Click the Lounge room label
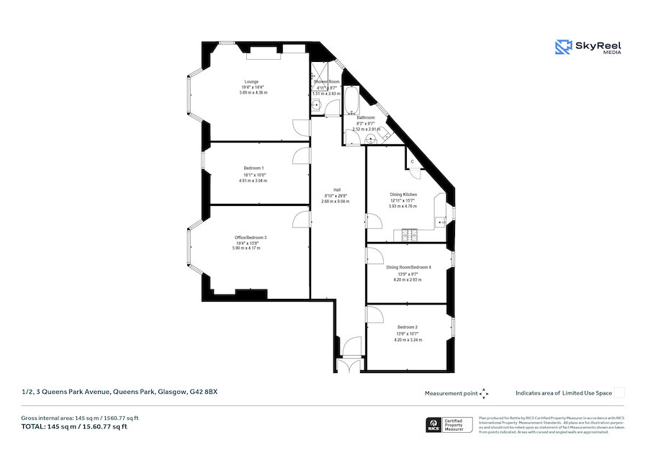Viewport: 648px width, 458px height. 251,81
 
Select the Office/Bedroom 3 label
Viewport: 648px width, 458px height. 250,238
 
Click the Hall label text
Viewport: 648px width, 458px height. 336,189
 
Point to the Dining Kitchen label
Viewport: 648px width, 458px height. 403,194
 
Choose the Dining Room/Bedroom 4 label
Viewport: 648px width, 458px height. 408,267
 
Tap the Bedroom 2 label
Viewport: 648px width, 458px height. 408,327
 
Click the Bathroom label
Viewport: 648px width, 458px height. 366,117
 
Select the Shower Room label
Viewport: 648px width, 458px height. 326,82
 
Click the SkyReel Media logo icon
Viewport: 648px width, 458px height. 562,47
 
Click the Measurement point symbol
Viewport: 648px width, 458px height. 484,393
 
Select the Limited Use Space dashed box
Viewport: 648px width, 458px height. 618,392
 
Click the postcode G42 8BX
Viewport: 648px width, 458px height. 204,392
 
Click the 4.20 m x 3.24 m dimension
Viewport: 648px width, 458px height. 408,339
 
